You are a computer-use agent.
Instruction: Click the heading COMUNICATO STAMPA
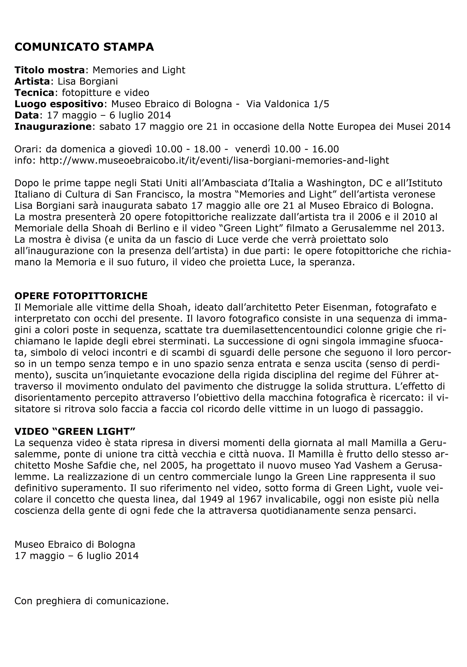tap(84, 47)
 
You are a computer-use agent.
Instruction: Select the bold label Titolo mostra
tap(50, 70)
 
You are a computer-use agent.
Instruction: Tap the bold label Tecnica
tap(34, 93)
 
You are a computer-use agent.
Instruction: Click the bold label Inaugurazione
tap(53, 127)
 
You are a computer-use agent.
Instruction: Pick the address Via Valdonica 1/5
tap(287, 104)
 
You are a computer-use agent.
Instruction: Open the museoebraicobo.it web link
tap(214, 160)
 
